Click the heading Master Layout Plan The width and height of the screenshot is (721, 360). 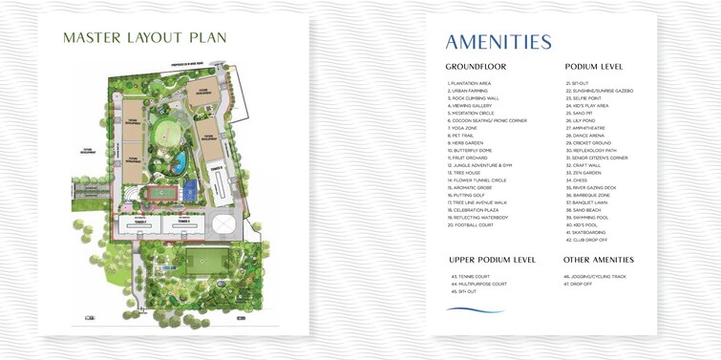click(145, 38)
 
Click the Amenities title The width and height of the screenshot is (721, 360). click(498, 42)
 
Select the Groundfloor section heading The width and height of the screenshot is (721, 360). click(476, 67)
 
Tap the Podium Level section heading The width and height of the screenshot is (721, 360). click(594, 67)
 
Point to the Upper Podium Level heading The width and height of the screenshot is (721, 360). click(492, 260)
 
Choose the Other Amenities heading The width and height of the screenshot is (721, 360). click(599, 260)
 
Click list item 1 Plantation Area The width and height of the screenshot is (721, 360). click(469, 83)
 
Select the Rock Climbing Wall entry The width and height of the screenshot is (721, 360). click(474, 98)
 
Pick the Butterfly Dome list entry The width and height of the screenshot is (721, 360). click(470, 150)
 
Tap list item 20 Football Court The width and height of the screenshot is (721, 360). click(471, 224)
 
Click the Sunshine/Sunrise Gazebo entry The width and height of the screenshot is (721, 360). click(599, 91)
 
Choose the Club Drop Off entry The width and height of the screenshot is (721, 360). click(586, 240)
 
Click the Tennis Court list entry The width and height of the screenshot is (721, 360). click(469, 277)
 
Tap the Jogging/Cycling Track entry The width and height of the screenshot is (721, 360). click(595, 277)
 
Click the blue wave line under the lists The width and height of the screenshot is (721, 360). click(475, 310)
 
